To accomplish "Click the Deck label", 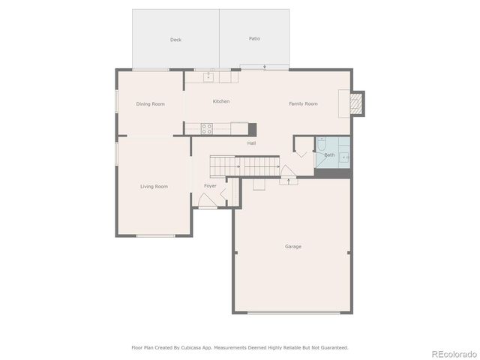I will (175, 40).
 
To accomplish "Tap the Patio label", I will (255, 38).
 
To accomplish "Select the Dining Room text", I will (150, 104).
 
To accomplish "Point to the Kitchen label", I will (220, 101).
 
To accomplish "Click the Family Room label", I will (303, 103).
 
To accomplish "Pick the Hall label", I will (252, 143).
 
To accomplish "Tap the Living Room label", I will (154, 186).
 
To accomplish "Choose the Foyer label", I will (210, 186).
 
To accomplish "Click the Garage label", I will (292, 246).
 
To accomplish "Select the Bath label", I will (329, 155).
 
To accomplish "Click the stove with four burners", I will (206, 128).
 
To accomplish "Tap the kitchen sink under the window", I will (208, 76).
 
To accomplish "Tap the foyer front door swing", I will (208, 200).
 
